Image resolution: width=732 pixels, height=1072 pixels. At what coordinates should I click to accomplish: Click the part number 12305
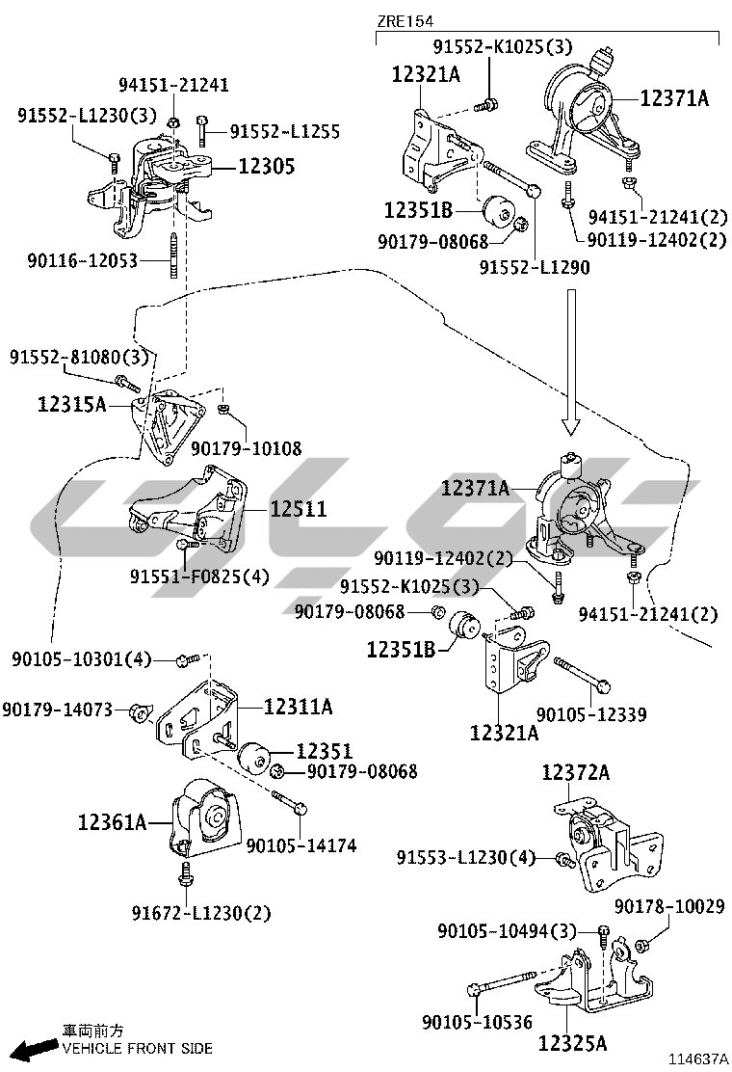click(x=266, y=166)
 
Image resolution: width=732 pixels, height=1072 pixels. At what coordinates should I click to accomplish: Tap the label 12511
click(x=299, y=509)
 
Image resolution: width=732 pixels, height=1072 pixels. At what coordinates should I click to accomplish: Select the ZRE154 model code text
click(x=405, y=21)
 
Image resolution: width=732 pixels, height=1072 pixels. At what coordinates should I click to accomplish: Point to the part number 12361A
click(x=112, y=821)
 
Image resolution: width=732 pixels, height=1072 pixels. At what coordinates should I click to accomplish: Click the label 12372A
click(x=576, y=772)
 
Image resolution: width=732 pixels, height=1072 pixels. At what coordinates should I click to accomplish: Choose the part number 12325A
click(x=572, y=1043)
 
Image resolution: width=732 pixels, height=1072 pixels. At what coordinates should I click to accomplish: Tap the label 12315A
click(x=71, y=404)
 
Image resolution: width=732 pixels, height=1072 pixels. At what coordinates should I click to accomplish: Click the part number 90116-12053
click(x=83, y=260)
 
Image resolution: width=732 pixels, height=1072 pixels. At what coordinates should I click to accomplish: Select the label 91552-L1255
click(x=285, y=131)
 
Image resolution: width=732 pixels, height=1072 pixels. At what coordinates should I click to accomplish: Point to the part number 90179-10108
click(x=246, y=448)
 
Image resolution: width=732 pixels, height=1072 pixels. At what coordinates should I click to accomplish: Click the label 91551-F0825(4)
click(x=199, y=576)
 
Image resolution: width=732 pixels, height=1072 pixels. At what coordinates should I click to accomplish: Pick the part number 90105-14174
click(x=301, y=845)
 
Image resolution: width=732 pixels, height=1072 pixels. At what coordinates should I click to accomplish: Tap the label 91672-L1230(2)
click(x=201, y=913)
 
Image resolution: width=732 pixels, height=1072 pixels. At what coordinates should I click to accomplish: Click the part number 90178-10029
click(x=669, y=906)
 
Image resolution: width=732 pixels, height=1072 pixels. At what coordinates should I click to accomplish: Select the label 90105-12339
click(x=591, y=714)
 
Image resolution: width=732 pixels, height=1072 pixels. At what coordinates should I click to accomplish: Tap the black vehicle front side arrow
click(x=36, y=1048)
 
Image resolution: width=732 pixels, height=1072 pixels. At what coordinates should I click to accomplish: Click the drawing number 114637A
click(x=698, y=1059)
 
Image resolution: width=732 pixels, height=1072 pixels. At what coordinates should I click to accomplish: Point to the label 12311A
click(x=298, y=707)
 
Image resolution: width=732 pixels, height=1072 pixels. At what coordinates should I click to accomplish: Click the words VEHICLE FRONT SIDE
click(x=137, y=1049)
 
